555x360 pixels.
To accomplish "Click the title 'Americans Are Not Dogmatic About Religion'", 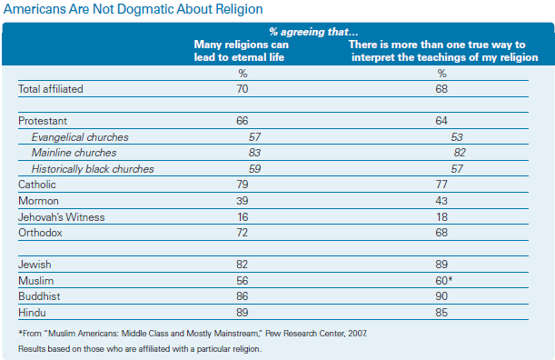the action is coord(134,10).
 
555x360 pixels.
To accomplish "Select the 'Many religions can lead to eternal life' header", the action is coord(241,51).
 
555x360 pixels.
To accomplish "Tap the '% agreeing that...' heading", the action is coord(313,32).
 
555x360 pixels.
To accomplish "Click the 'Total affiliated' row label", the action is coord(51,89).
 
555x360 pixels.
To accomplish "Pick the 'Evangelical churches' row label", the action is coord(80,137).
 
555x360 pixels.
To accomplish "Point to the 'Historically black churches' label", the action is coord(93,169).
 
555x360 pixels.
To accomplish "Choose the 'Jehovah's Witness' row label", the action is coord(62,217).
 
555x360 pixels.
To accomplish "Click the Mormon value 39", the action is coord(243,201).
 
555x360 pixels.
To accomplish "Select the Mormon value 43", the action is coord(441,201).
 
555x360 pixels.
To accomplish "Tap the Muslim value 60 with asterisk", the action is coord(444,281).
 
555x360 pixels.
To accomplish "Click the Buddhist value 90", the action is coord(441,296).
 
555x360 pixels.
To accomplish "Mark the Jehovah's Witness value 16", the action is coord(243,217).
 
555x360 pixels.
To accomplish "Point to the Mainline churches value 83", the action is coord(254,153).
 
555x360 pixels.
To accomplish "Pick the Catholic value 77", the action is coord(441,185).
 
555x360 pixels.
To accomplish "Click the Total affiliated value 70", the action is coord(243,89).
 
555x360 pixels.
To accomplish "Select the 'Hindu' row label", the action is coord(32,313).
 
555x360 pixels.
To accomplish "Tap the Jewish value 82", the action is coord(243,265).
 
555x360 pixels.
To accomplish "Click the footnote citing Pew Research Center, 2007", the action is coord(193,334).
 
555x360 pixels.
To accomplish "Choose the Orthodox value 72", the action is coord(243,233).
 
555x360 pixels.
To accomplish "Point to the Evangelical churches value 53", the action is coord(457,137).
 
